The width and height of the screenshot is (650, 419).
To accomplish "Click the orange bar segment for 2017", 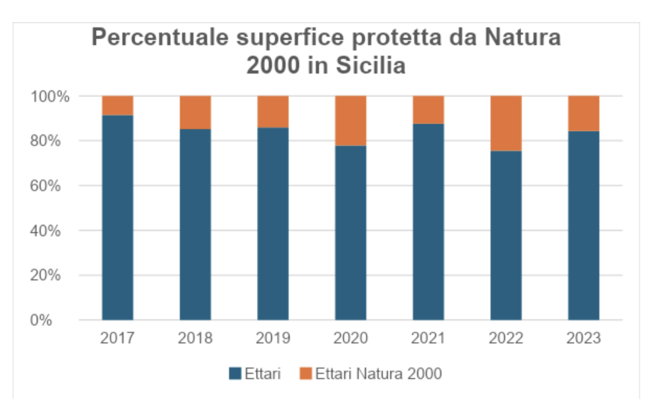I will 117,106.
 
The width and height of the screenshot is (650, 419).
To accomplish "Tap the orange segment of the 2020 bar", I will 350,121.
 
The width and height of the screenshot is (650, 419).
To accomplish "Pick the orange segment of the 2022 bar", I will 506,123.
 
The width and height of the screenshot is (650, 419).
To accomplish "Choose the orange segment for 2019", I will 273,112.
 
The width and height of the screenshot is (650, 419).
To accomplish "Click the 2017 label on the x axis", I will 117,338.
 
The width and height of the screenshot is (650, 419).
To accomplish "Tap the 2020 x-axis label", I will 350,338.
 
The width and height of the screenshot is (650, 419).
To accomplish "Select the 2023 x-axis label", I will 583,338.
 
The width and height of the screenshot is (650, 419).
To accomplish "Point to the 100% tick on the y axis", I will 51,96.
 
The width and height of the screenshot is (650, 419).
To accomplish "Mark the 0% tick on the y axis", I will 57,320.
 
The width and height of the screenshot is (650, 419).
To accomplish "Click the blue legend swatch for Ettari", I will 235,373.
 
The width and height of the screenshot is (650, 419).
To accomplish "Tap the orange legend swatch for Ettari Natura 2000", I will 306,373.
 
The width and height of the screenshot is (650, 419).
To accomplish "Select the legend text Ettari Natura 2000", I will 379,373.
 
